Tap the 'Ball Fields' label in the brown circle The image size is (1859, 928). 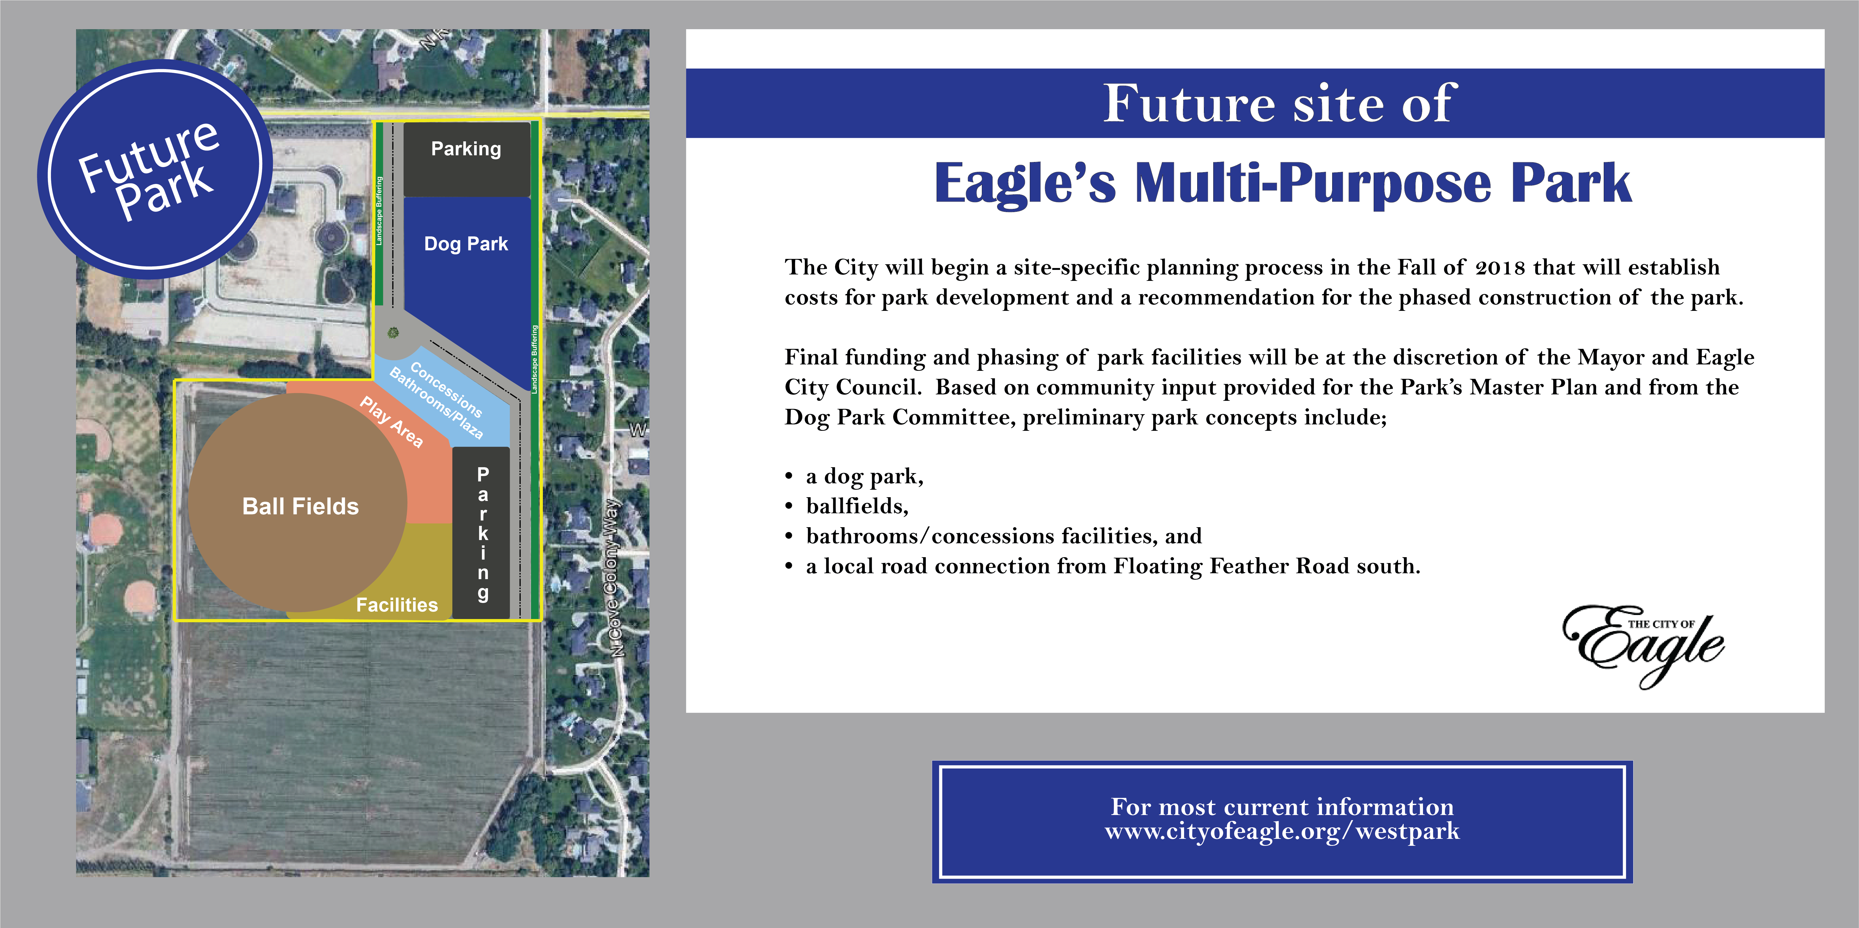[300, 507]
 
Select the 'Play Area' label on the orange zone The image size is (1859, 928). [391, 422]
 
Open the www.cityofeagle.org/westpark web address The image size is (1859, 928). [1282, 831]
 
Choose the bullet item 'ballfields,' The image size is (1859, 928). [857, 506]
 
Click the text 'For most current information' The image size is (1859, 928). [1282, 806]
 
